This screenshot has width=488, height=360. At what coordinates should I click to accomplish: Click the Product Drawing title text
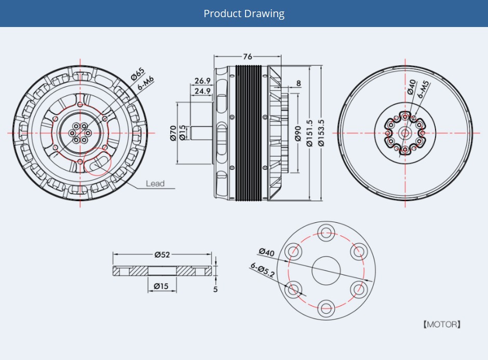(244, 14)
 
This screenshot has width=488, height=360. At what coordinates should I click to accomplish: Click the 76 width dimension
(248, 57)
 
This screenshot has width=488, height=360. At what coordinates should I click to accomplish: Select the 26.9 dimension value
(202, 81)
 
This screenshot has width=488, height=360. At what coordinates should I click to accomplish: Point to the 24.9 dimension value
(202, 91)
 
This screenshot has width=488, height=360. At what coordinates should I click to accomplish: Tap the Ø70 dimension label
(173, 134)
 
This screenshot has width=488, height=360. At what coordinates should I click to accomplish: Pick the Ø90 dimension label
(297, 134)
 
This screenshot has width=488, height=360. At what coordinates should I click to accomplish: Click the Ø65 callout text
(138, 74)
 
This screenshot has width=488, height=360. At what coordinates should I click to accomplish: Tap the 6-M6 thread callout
(146, 83)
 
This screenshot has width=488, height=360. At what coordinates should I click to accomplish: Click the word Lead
(155, 183)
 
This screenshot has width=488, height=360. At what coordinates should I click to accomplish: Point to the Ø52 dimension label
(162, 255)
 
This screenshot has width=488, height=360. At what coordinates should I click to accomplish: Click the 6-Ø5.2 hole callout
(262, 270)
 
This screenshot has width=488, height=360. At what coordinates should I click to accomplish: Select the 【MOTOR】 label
(442, 325)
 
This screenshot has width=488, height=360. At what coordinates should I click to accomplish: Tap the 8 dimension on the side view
(299, 83)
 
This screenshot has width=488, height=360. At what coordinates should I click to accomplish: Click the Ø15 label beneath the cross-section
(161, 286)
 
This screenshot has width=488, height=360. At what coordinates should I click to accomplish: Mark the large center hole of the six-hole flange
(326, 270)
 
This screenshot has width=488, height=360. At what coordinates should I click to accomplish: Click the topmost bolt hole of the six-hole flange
(326, 232)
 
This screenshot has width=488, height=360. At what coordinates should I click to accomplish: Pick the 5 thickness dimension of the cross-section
(215, 289)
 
